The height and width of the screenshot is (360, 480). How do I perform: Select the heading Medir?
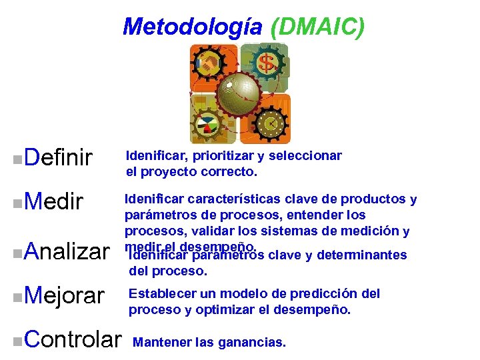click(x=53, y=201)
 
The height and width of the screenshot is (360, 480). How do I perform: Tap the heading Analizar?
click(x=65, y=252)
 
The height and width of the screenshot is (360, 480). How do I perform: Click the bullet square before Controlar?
click(x=16, y=341)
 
